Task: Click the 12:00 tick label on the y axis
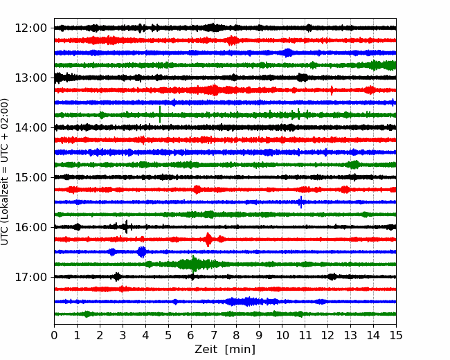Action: [x=30, y=28]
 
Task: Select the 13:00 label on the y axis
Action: [x=30, y=78]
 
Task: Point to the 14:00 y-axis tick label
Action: [x=30, y=127]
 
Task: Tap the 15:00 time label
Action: [x=30, y=177]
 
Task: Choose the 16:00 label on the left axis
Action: [x=30, y=227]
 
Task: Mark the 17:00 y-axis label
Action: [x=30, y=277]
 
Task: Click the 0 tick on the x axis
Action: [x=54, y=335]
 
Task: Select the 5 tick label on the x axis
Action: [x=168, y=335]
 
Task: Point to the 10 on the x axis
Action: [x=282, y=335]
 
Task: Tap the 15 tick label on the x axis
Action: [x=396, y=335]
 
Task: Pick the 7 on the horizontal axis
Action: [x=214, y=335]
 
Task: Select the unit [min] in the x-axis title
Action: [x=240, y=350]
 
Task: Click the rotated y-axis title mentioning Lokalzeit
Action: [x=5, y=172]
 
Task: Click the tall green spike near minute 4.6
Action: [x=160, y=114]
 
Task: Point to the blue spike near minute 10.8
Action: [x=300, y=202]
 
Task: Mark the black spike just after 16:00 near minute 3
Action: [x=126, y=227]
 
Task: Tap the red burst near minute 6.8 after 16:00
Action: [x=208, y=240]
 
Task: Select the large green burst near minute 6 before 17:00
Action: [x=194, y=264]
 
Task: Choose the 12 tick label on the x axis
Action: [x=327, y=335]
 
